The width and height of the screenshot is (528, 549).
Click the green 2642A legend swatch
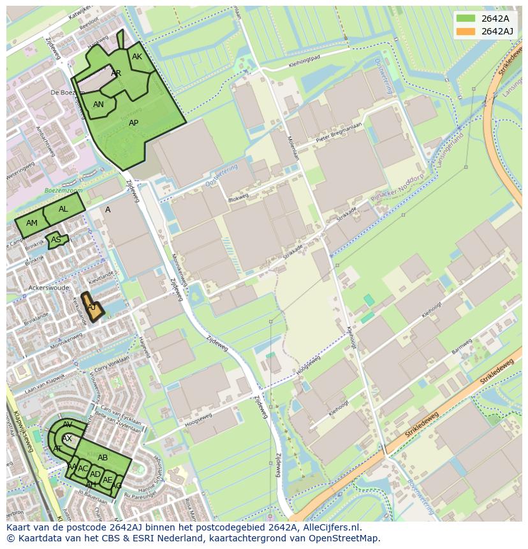(x=466, y=19)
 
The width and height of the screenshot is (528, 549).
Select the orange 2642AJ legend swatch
(x=466, y=31)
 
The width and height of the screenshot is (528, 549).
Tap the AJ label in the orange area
(x=92, y=307)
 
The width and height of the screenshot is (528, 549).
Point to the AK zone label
(x=137, y=57)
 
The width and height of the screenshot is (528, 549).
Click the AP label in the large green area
(x=133, y=123)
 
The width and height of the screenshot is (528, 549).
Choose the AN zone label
(x=98, y=105)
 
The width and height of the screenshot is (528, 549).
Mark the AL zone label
(x=63, y=209)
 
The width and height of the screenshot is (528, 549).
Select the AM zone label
(x=32, y=223)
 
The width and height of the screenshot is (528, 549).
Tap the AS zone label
(x=56, y=240)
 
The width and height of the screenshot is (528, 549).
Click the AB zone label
(x=103, y=458)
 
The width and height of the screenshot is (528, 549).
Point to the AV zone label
(x=68, y=425)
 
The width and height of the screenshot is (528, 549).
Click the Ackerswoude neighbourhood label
(x=48, y=288)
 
